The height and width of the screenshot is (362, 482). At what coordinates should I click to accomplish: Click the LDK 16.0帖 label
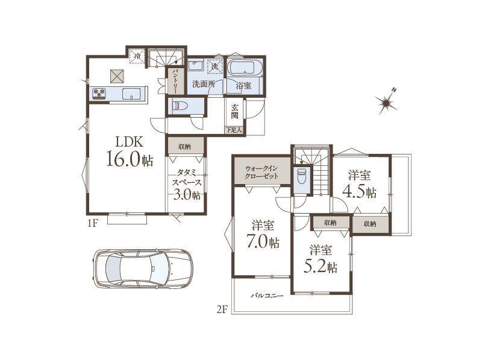[130, 151]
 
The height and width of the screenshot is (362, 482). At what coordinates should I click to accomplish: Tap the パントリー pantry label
[175, 81]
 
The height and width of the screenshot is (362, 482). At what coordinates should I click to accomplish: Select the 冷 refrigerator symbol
[137, 56]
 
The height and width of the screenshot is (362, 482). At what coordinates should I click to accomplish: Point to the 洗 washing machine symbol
[215, 66]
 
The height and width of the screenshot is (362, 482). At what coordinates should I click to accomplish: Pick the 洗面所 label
[203, 84]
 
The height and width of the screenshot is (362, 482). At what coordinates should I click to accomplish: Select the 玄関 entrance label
[235, 112]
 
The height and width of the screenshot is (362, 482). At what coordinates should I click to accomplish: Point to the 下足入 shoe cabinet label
[234, 130]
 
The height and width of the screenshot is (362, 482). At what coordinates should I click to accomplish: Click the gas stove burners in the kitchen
[99, 94]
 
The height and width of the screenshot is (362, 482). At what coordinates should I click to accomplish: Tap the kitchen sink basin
[131, 94]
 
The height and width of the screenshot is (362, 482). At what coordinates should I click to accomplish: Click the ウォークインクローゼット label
[261, 173]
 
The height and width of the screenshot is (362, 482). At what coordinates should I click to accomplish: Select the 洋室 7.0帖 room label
[262, 235]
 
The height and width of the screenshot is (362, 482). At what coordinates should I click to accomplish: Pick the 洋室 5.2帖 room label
[320, 259]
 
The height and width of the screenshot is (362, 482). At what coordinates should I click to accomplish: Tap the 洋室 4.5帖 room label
[359, 184]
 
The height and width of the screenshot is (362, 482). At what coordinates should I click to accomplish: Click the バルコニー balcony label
[267, 296]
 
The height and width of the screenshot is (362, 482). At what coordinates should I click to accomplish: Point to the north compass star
[386, 101]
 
